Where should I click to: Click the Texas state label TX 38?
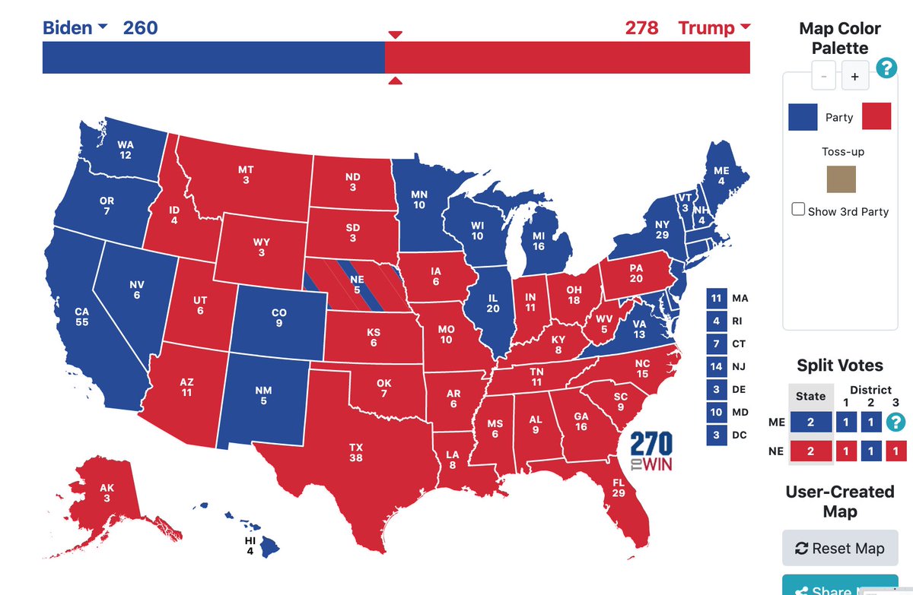356,453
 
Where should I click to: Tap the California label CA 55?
81,317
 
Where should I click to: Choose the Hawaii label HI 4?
250,545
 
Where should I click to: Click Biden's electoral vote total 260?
140,28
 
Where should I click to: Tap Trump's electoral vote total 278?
642,28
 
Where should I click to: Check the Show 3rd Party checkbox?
798,209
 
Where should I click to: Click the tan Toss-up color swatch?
841,179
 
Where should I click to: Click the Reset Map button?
840,548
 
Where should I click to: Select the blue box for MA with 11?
715,299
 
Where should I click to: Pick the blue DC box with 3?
715,435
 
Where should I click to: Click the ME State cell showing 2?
810,423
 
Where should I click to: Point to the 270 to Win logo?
651,451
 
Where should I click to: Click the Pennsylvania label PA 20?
636,274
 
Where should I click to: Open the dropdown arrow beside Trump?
744,27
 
